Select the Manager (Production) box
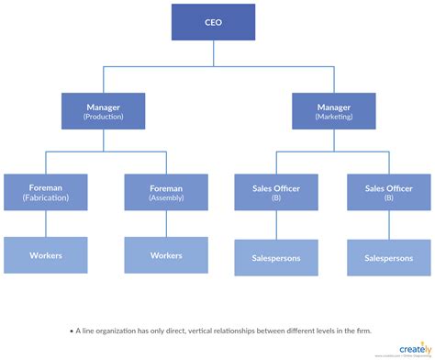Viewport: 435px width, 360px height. point(103,111)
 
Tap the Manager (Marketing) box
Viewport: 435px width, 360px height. point(332,111)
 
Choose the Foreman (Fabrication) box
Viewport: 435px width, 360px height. point(46,191)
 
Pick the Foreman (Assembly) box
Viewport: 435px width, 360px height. point(166,191)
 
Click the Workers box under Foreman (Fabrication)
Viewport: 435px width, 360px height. point(46,255)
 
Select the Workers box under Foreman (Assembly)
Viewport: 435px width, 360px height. point(166,255)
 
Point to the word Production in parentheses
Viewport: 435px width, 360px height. point(103,118)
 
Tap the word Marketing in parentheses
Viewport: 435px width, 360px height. point(332,118)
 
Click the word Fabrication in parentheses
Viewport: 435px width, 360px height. point(46,197)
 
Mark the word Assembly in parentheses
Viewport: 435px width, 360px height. point(166,197)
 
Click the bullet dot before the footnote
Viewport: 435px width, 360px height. point(69,330)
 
